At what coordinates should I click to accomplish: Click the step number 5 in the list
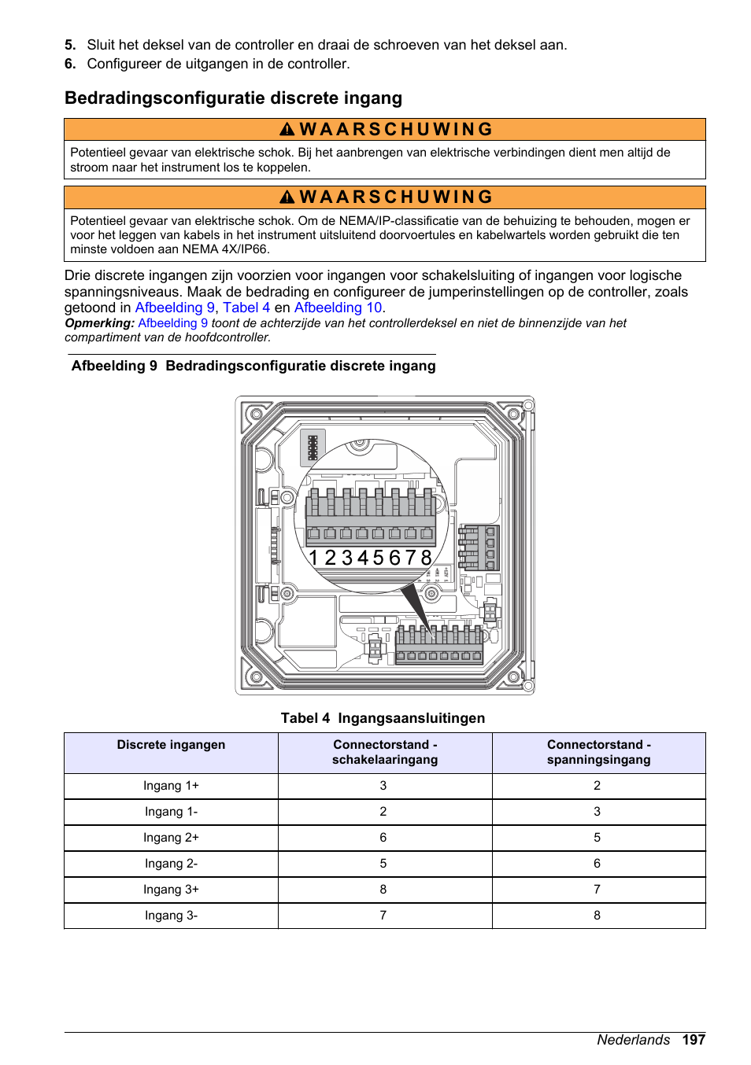pos(70,46)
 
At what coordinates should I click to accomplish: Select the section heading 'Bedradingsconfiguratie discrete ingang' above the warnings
pos(233,98)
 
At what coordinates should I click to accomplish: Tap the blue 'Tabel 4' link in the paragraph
pos(246,308)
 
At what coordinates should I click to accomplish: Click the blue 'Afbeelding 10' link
pos(338,308)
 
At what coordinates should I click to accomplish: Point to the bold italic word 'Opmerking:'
pos(99,323)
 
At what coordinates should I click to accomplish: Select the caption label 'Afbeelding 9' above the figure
pos(114,366)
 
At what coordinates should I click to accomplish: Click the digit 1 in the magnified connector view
pos(313,558)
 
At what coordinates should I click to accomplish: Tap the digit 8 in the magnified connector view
pos(426,558)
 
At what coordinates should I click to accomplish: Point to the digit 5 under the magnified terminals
pos(378,558)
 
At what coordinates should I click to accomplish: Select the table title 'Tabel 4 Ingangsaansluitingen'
pos(383,718)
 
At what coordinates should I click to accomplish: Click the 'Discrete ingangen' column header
pos(171,745)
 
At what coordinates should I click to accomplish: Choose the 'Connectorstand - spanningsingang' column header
pos(598,752)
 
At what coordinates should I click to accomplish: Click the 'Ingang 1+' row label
pos(171,786)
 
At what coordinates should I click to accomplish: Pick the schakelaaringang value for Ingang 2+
pos(383,838)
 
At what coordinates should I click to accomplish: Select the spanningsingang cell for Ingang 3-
pos(597,916)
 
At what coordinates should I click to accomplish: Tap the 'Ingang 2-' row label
pos(171,864)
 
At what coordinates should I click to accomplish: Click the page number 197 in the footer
pos(694,1040)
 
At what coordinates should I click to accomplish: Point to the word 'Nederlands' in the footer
pos(633,1040)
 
